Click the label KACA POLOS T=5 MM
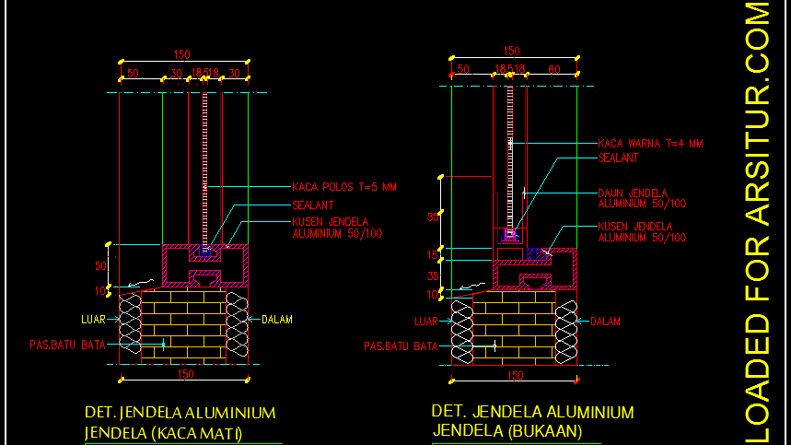coord(343,187)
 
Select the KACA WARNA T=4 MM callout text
coord(650,144)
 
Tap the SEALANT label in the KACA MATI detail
coord(312,205)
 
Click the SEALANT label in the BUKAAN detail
coord(618,158)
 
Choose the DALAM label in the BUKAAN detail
coord(605,322)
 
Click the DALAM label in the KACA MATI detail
coord(276,320)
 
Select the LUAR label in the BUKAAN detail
coord(425,322)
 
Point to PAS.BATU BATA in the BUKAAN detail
coord(401,346)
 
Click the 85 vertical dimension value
coord(433,217)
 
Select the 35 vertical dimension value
coord(433,275)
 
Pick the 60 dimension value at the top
coord(553,69)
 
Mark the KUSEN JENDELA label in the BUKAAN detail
coord(642,231)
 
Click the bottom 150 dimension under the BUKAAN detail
coord(516,375)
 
